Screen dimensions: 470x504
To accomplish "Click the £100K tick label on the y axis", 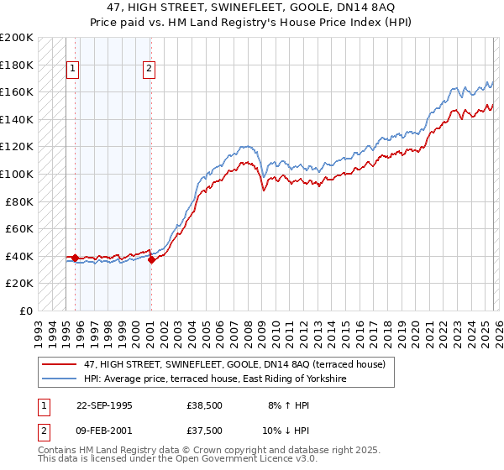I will pyautogui.click(x=17, y=174).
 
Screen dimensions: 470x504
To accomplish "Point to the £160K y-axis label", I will pyautogui.click(x=17, y=91).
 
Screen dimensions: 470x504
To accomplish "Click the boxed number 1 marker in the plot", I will pyautogui.click(x=73, y=70).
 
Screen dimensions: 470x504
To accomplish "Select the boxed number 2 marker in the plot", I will pyautogui.click(x=149, y=70).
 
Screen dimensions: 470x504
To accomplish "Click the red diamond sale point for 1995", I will pyautogui.click(x=76, y=258).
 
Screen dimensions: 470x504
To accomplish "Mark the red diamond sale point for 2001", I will pyautogui.click(x=151, y=259).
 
